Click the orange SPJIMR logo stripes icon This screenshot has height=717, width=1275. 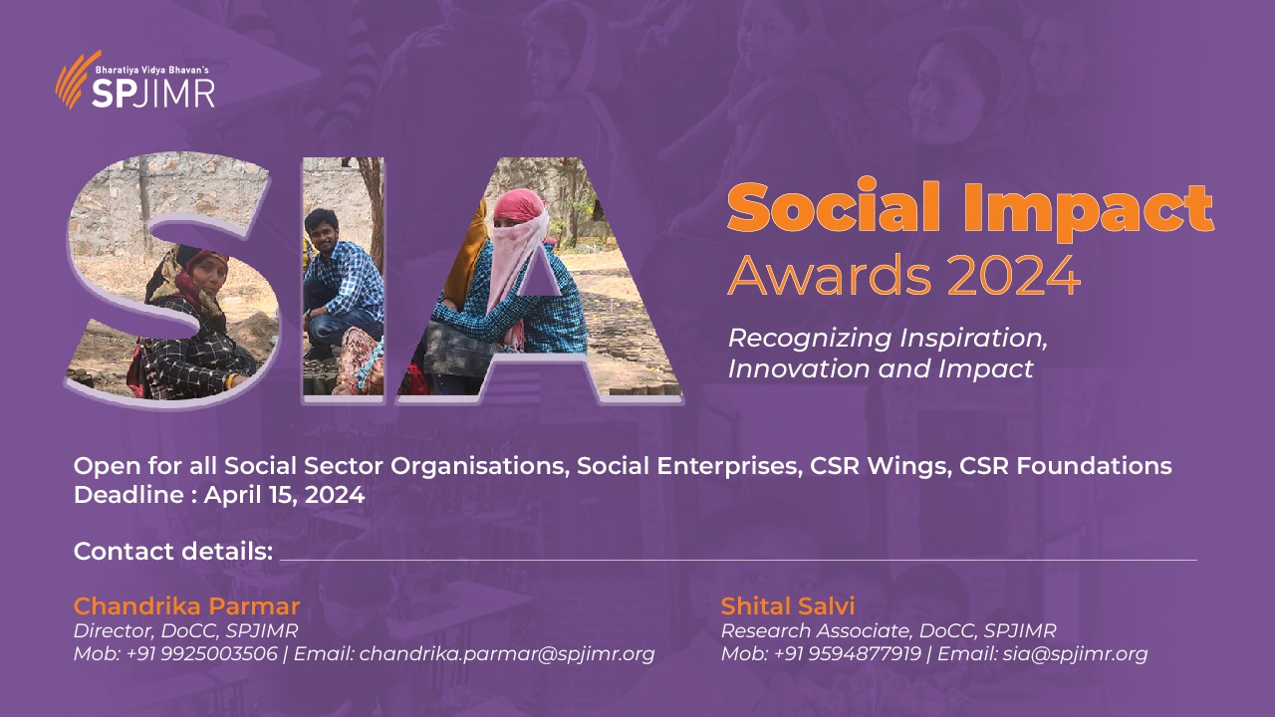click(76, 80)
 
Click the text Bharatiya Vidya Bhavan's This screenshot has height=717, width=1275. click(152, 70)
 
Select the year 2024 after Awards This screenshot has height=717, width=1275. click(1014, 276)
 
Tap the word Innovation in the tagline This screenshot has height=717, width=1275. click(799, 368)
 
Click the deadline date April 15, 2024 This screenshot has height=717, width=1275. click(284, 495)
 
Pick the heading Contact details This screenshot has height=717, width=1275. click(173, 551)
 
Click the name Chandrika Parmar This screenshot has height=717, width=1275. click(186, 606)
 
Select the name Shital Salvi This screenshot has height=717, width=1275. click(788, 606)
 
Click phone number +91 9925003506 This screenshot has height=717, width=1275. click(202, 653)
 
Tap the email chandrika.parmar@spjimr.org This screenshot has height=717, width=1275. click(507, 654)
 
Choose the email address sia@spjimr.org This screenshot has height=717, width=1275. click(1075, 654)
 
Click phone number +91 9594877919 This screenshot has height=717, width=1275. click(848, 653)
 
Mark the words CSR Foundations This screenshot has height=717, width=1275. click(1066, 465)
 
